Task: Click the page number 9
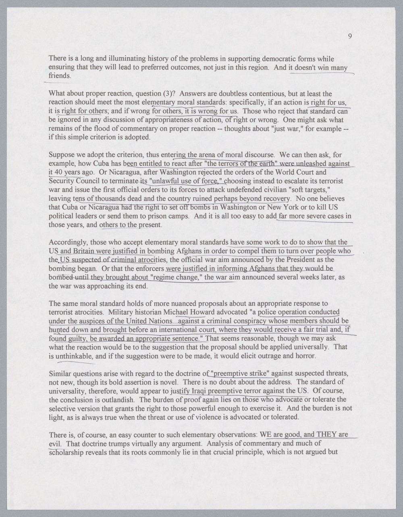350,36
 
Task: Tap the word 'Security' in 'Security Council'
60,181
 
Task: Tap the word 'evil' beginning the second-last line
54,444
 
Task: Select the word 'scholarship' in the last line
66,452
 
